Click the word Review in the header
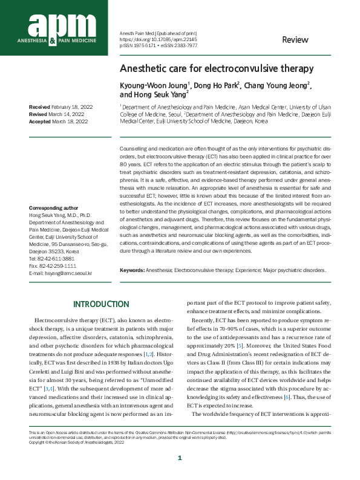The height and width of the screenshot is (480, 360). click(x=295, y=40)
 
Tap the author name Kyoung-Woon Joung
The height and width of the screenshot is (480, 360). click(x=153, y=85)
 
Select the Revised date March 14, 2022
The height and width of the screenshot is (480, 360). click(x=67, y=114)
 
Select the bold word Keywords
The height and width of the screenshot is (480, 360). click(x=132, y=270)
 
